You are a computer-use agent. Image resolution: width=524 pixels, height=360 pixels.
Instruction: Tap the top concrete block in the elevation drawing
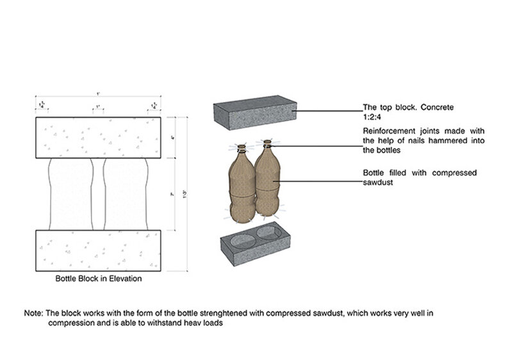(x=102, y=137)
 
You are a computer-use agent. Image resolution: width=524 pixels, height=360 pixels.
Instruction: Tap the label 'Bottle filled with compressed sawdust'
(x=420, y=177)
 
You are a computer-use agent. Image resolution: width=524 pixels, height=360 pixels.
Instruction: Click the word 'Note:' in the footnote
(x=33, y=314)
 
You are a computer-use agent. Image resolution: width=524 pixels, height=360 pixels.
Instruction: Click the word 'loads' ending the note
(x=212, y=323)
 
